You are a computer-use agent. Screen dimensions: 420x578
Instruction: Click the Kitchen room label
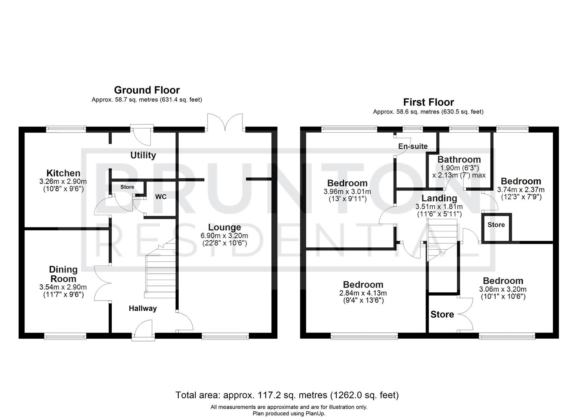click(x=63, y=173)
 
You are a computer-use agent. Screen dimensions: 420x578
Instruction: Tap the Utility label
click(x=143, y=155)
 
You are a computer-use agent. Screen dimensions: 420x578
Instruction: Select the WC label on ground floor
click(x=161, y=197)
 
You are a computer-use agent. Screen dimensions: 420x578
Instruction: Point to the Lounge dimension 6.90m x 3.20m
click(x=224, y=236)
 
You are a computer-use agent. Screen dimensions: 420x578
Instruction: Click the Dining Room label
click(x=63, y=274)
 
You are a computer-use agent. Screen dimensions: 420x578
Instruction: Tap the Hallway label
click(x=143, y=308)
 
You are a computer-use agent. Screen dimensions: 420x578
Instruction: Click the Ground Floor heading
click(x=147, y=90)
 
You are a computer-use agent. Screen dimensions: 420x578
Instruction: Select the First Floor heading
click(x=428, y=102)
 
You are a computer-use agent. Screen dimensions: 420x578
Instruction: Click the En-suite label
click(x=413, y=146)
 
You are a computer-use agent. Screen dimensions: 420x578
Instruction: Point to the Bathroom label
click(x=459, y=159)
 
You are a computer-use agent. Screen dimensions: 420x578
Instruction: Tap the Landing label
click(x=439, y=198)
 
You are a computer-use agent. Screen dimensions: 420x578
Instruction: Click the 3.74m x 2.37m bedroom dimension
click(x=521, y=190)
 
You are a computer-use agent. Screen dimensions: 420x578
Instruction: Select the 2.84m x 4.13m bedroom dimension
click(x=363, y=293)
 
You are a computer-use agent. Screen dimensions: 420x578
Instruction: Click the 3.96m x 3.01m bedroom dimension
click(x=347, y=192)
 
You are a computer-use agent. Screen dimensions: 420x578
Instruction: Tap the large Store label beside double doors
click(x=442, y=314)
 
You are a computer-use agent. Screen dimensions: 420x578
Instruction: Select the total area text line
click(x=287, y=395)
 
